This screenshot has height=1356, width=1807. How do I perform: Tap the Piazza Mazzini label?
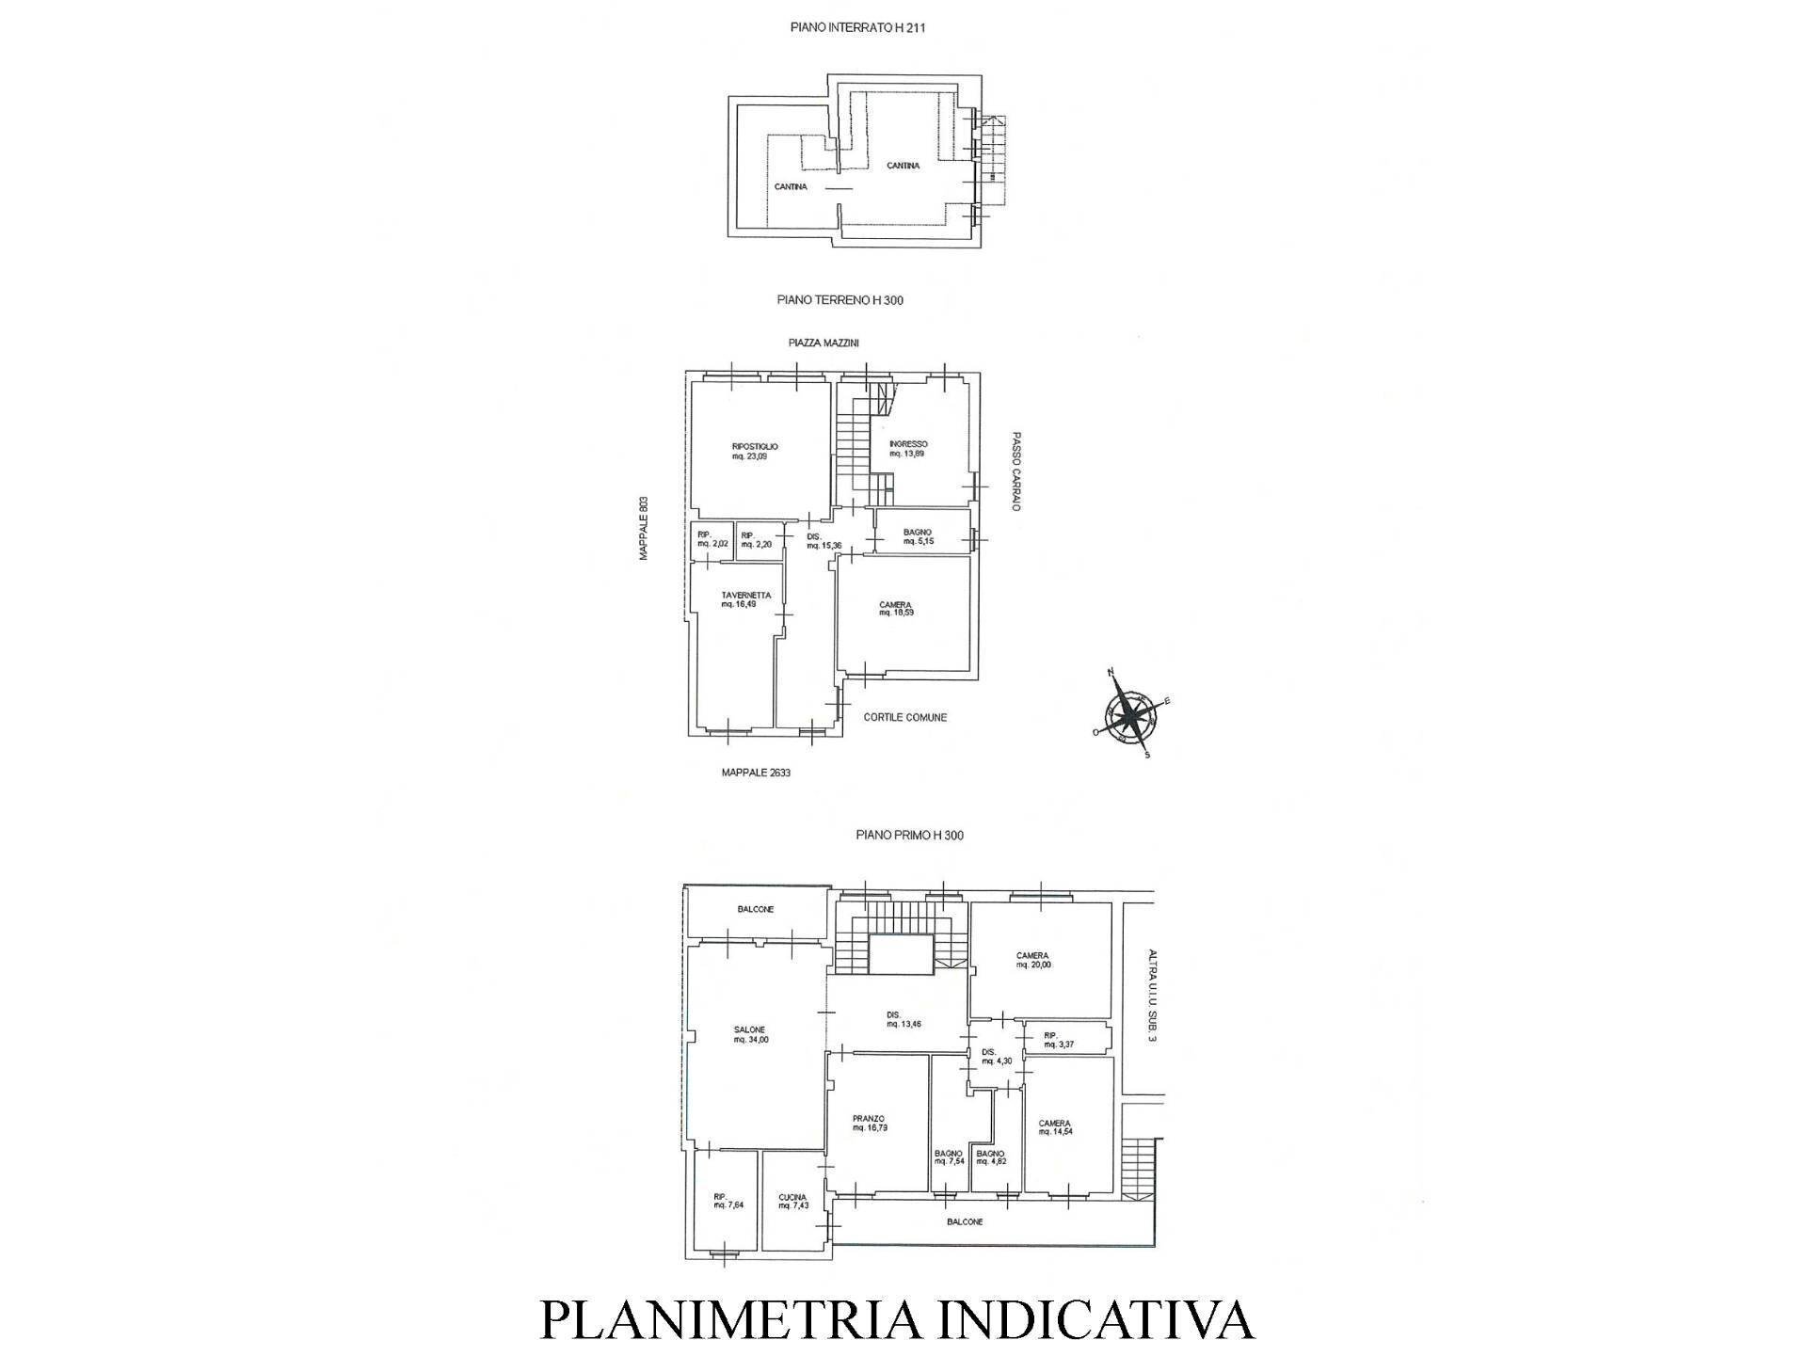(x=824, y=343)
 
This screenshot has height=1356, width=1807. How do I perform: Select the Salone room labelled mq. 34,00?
(x=750, y=1034)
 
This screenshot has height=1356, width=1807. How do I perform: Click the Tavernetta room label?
(x=745, y=599)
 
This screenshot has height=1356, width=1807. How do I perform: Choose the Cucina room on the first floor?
(x=792, y=1202)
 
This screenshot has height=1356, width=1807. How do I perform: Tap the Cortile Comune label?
(x=904, y=717)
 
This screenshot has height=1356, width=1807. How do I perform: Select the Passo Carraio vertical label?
(x=1016, y=471)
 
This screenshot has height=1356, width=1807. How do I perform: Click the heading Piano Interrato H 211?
(x=857, y=28)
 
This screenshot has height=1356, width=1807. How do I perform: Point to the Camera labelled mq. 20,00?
(x=1032, y=960)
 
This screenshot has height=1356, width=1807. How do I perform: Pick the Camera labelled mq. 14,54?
(x=1055, y=1127)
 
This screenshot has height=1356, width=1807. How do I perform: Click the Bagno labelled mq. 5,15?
(x=917, y=536)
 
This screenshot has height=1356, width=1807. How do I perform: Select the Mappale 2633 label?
(x=756, y=773)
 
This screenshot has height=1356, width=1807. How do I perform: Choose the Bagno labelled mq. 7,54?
(x=949, y=1157)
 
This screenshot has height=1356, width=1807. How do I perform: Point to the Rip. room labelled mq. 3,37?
(x=1058, y=1040)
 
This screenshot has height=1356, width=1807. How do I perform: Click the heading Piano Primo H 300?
(x=909, y=835)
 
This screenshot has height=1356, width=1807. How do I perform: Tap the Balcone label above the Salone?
(x=756, y=909)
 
